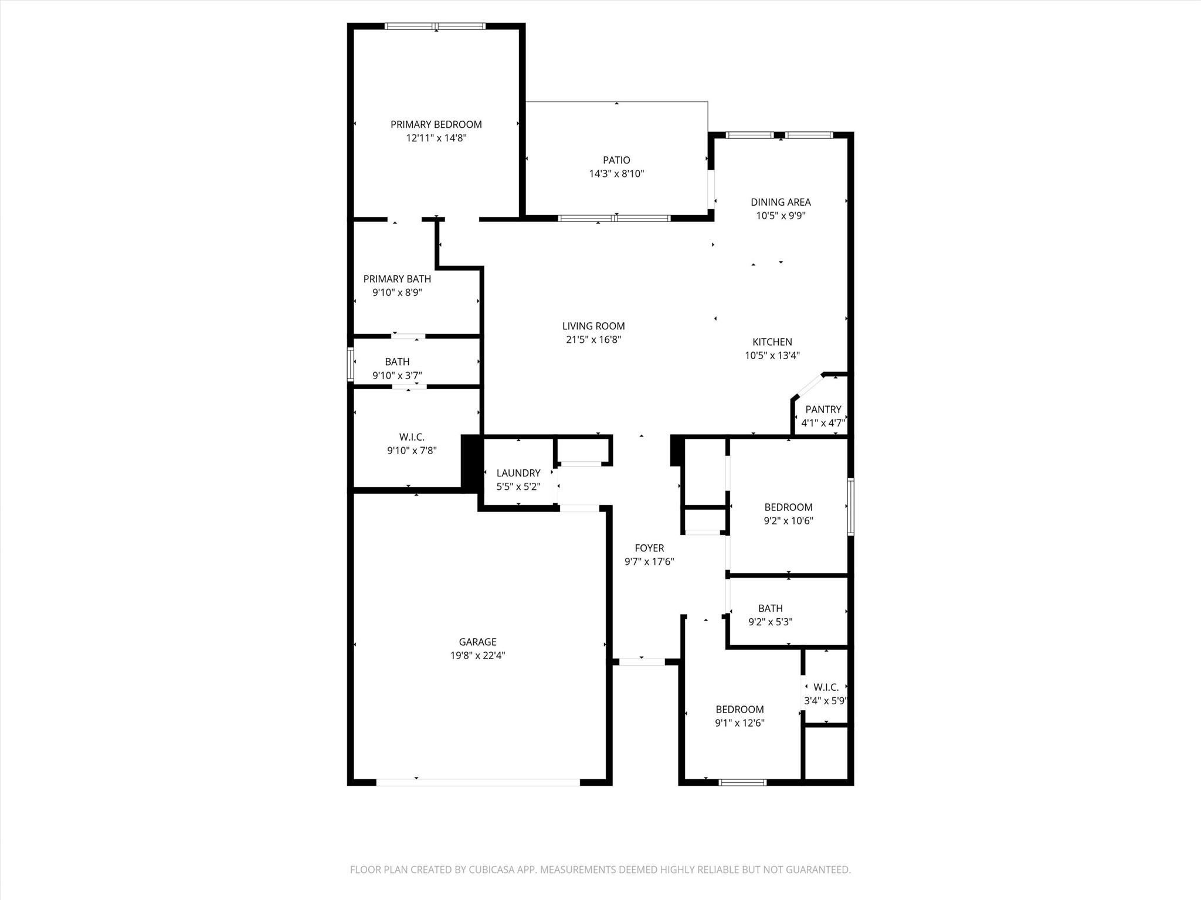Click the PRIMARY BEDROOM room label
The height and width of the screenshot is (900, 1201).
[x=436, y=124]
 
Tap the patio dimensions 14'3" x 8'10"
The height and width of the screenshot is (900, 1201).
[x=616, y=173]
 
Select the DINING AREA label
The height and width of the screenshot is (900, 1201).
[x=781, y=202]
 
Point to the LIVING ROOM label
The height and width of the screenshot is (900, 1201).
[x=593, y=326]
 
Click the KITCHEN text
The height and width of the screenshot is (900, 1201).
[x=772, y=342]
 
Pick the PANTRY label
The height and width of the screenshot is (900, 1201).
[x=823, y=409]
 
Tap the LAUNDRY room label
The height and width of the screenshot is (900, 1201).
[x=518, y=473]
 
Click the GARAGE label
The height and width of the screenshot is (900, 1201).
[x=477, y=642]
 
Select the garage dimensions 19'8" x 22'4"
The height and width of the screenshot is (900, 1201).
[x=477, y=656]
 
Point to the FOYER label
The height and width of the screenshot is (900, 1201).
[x=649, y=548]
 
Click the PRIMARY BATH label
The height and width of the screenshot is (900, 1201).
[x=397, y=279]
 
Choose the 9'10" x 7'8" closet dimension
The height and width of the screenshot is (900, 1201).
[x=412, y=451]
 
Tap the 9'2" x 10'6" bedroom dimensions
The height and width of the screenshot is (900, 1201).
[x=788, y=521]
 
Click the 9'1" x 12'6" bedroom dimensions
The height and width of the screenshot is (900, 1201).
[x=739, y=723]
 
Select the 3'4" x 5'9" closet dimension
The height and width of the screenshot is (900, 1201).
[x=826, y=701]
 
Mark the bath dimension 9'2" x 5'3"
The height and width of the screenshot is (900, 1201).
[x=770, y=622]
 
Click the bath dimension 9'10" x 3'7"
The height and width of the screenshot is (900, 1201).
[x=397, y=376]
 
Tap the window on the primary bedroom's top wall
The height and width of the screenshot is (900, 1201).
[x=435, y=26]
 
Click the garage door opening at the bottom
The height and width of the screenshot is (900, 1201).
[x=477, y=782]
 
